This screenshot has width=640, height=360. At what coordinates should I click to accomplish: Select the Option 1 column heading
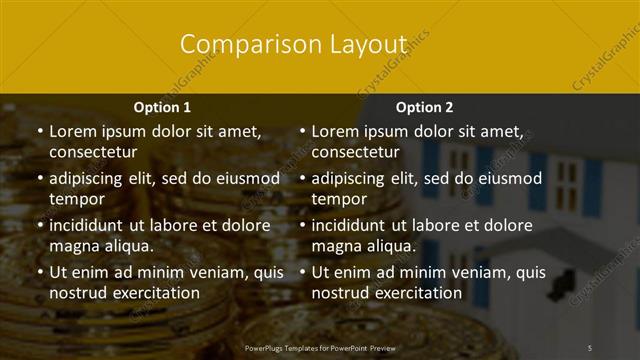(x=161, y=107)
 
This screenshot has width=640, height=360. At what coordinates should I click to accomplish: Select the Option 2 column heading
(x=424, y=107)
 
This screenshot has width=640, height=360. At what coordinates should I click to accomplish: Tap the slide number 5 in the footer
(x=590, y=347)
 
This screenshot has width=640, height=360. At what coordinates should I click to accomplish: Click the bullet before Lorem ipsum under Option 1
(x=39, y=131)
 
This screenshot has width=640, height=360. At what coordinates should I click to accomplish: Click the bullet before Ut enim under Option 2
(x=302, y=272)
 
